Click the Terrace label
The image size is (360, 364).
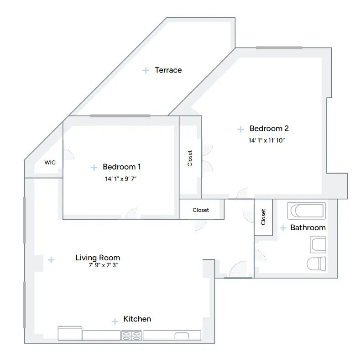click(168, 70)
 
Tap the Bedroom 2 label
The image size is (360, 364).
click(269, 129)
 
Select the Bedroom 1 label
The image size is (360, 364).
click(122, 167)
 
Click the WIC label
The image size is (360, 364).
click(50, 162)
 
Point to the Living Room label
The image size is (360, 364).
click(98, 258)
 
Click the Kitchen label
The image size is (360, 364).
click(137, 319)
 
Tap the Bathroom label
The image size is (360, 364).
click(308, 227)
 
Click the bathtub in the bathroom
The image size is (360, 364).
click(307, 211)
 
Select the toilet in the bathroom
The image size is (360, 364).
click(316, 264)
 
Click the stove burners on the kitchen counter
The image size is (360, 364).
click(131, 336)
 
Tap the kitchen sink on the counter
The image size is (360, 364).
click(182, 336)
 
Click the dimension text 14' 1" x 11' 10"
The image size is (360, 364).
click(266, 141)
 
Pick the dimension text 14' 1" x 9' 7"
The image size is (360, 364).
click(121, 179)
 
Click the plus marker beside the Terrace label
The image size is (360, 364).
click(146, 70)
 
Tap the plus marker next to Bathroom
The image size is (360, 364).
click(283, 228)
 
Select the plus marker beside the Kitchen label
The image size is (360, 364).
click(115, 322)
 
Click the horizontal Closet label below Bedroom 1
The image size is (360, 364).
click(201, 210)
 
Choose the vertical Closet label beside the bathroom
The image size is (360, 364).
click(263, 217)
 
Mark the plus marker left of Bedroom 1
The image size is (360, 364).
click(94, 168)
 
